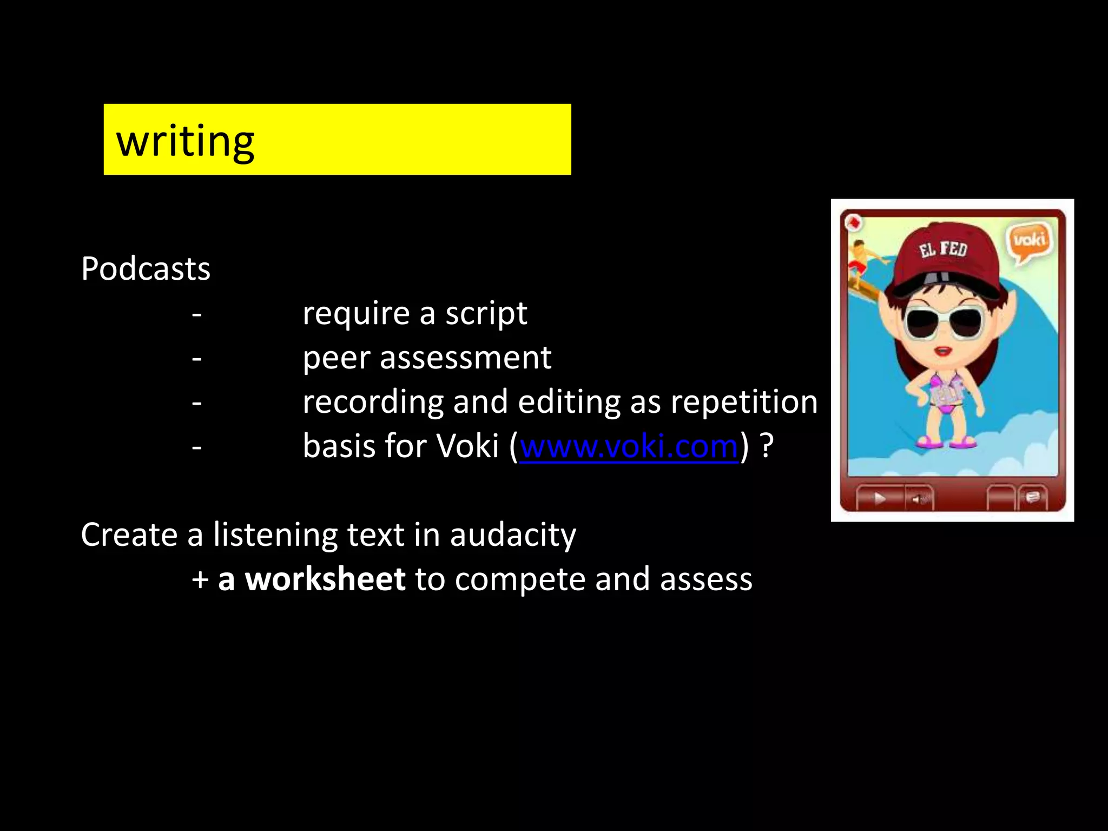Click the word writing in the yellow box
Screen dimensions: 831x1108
(185, 141)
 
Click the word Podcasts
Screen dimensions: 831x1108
(146, 269)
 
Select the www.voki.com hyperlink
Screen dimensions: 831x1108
(629, 447)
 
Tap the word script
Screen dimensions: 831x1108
(486, 314)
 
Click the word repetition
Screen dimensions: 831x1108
(744, 403)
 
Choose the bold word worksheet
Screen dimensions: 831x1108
(325, 579)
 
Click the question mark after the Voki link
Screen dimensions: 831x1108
(767, 447)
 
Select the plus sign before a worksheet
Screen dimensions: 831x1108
(200, 580)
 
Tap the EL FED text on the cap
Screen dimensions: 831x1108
(943, 249)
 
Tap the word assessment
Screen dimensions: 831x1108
(465, 358)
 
